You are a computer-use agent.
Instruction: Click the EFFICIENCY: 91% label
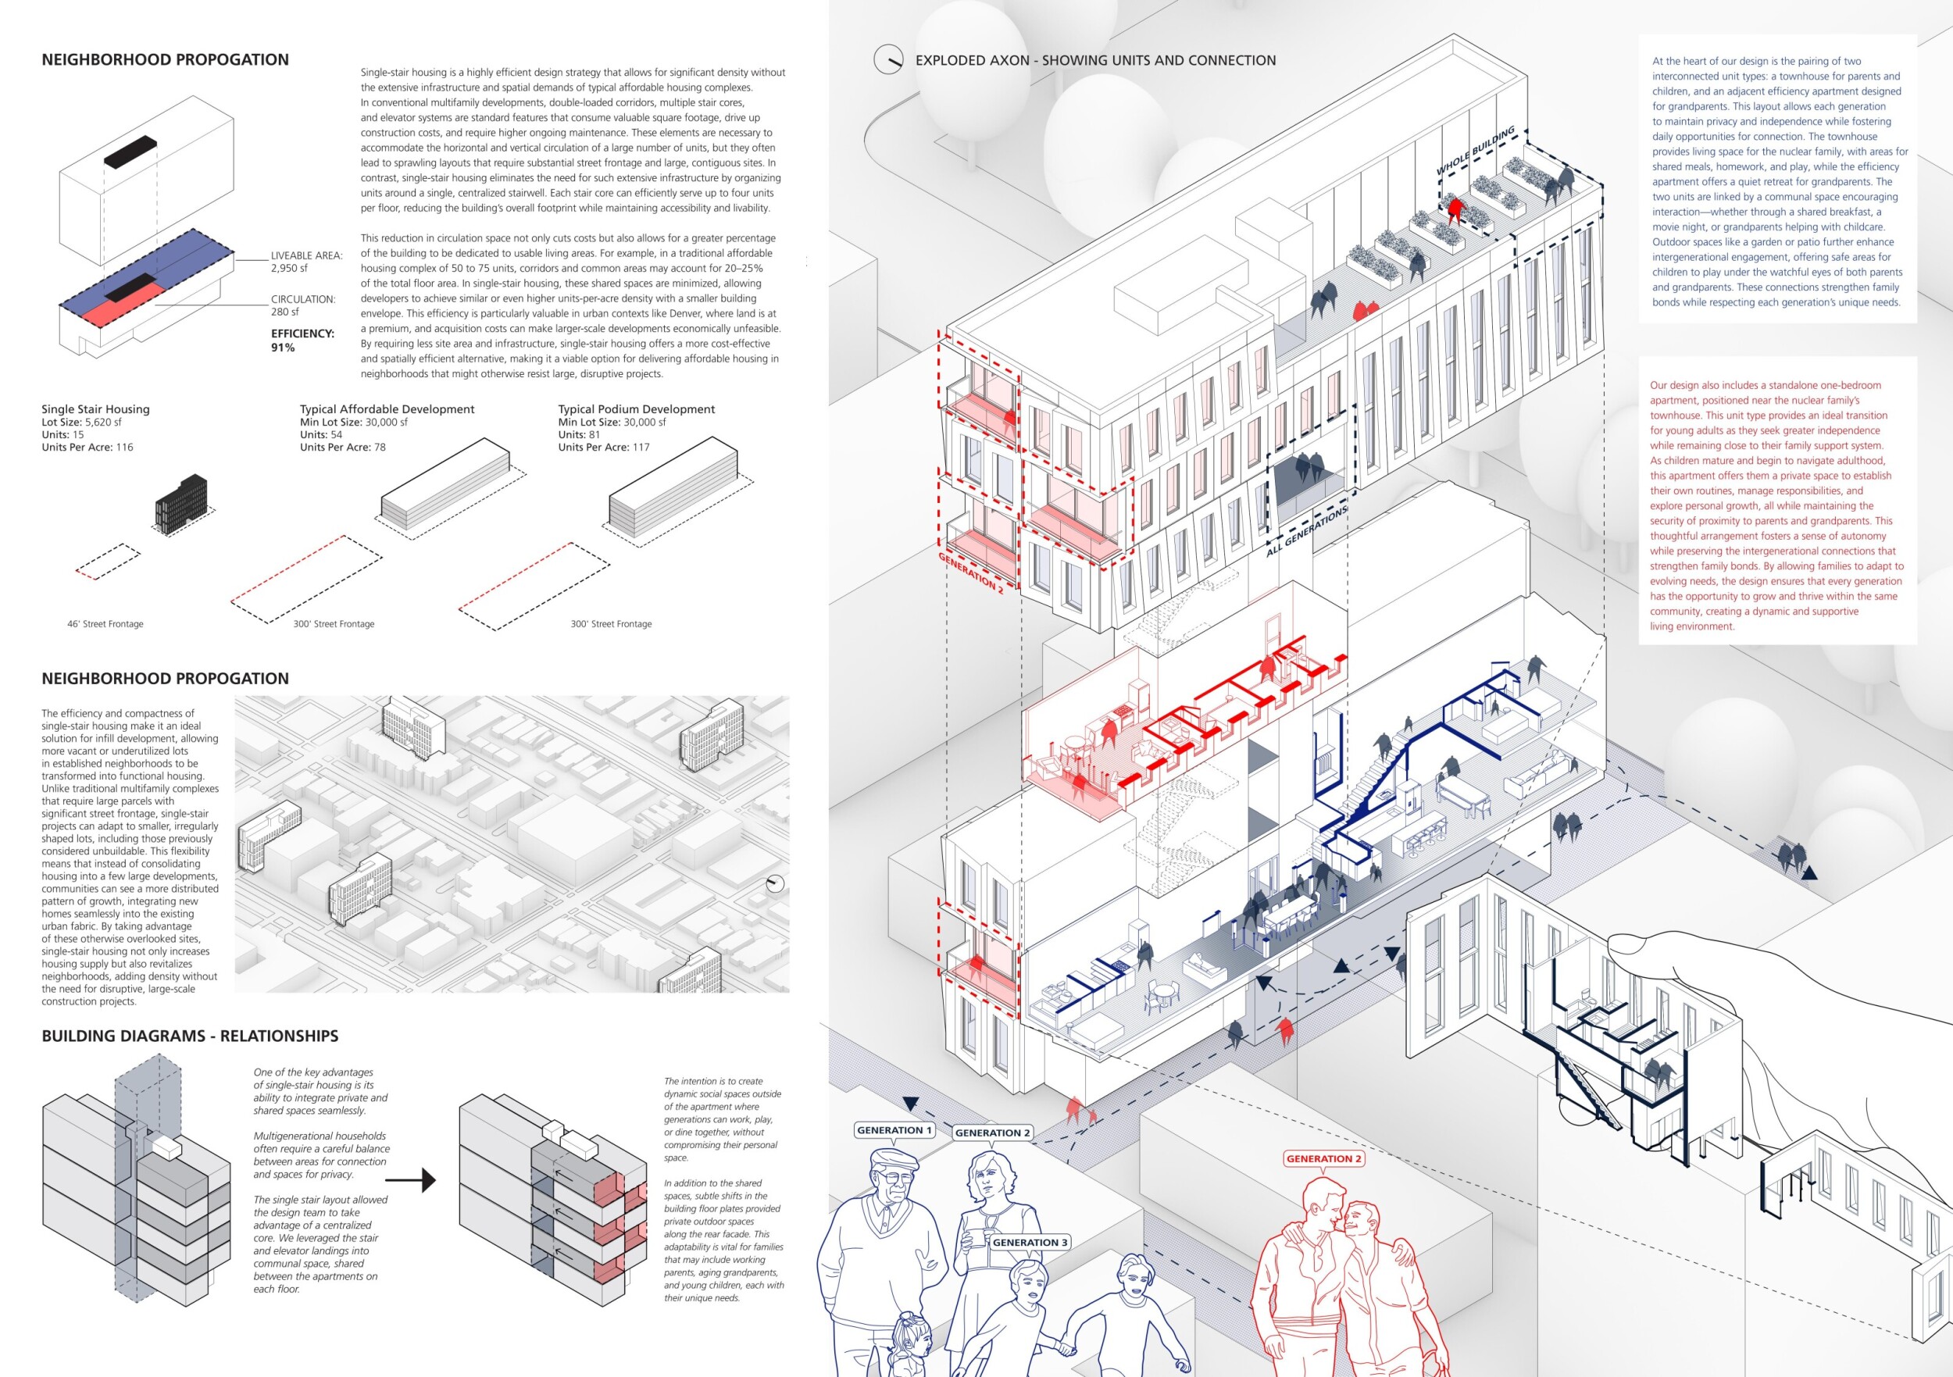(x=302, y=341)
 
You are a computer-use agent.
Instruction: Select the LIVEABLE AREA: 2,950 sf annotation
(x=306, y=262)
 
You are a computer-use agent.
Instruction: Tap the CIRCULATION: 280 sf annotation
(x=303, y=305)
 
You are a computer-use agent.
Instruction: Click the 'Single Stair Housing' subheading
(x=95, y=409)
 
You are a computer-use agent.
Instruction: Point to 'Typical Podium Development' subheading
(x=636, y=409)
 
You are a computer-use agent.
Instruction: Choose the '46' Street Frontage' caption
(x=105, y=624)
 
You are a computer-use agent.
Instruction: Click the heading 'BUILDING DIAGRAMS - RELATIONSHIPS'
(x=190, y=1036)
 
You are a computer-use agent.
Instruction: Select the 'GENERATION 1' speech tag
(x=894, y=1130)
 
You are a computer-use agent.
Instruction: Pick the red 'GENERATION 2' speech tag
(x=1323, y=1158)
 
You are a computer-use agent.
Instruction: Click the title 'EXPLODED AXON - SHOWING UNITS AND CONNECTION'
(x=1094, y=60)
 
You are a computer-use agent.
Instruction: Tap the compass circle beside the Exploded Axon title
(x=888, y=59)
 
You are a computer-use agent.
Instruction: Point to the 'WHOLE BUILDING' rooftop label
(x=1475, y=152)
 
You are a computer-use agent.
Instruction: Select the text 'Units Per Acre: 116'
(x=87, y=448)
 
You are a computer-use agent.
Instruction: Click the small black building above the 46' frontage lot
(x=180, y=505)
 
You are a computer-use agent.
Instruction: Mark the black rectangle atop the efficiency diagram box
(x=130, y=151)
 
